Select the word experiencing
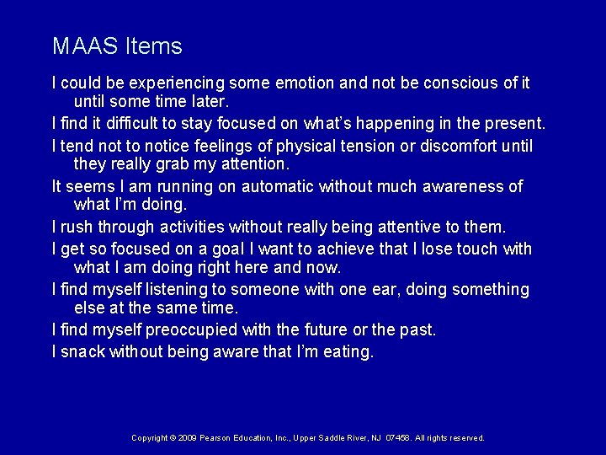[176, 83]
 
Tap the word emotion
[309, 83]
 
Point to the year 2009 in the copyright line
[188, 438]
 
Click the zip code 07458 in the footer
[393, 438]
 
